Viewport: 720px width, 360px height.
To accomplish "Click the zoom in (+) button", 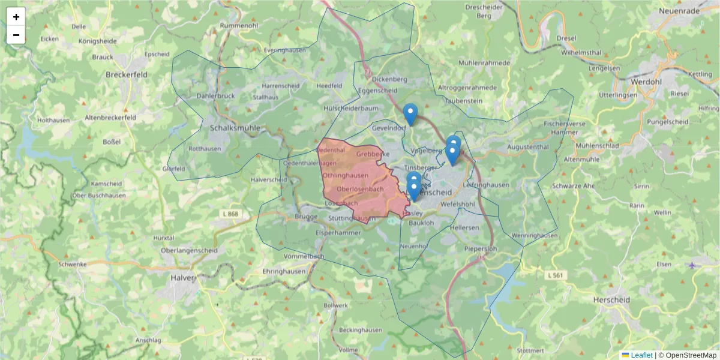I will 16,17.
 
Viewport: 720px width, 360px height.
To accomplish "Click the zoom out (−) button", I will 16,35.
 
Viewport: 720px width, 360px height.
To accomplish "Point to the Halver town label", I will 182,277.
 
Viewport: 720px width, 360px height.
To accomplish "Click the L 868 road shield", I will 229,214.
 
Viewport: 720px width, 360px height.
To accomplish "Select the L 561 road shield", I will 556,275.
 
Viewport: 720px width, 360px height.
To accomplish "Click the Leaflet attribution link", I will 641,355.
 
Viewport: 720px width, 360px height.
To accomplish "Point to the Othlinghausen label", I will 346,175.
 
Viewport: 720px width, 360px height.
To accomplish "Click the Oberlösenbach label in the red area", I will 360,190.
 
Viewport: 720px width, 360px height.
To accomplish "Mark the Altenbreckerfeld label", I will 110,118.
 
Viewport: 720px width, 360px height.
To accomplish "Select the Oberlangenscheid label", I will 189,250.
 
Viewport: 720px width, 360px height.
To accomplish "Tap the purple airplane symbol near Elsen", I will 693,265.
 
